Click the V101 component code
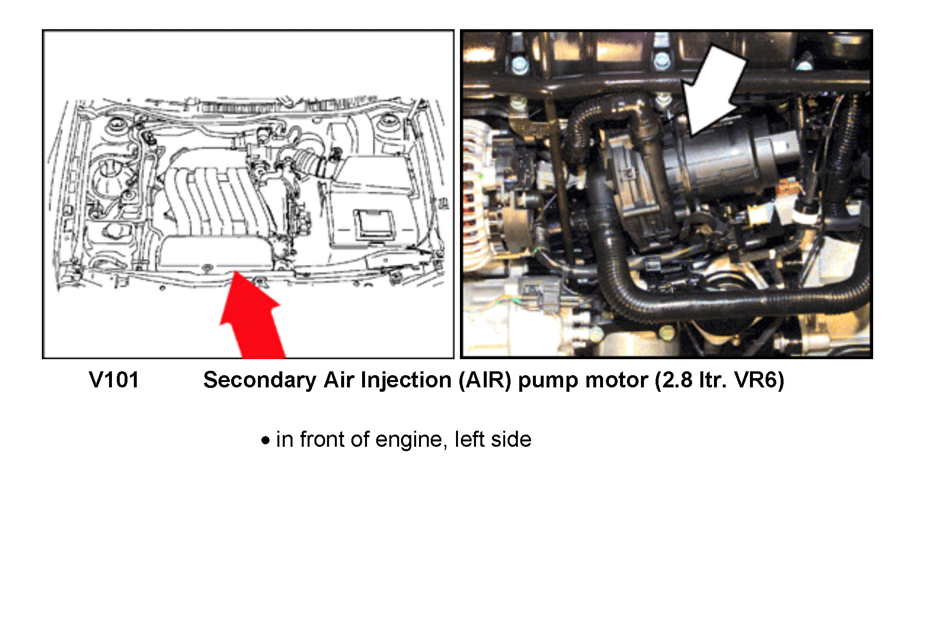pyautogui.click(x=114, y=380)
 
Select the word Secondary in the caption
pyautogui.click(x=259, y=380)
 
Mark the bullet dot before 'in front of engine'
pyautogui.click(x=265, y=441)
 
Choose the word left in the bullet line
pyautogui.click(x=466, y=439)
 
